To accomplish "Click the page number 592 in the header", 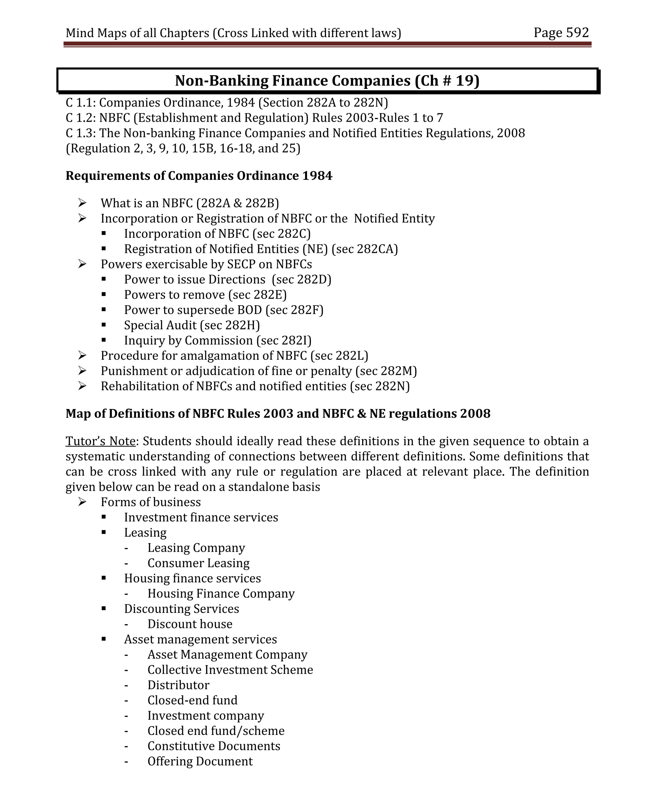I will [577, 33].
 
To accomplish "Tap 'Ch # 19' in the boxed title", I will [447, 81].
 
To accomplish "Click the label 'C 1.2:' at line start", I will [80, 118].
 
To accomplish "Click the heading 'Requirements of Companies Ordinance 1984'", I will [199, 176].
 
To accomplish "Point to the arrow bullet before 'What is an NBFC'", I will [82, 203].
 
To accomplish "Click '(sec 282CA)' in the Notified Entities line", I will [365, 249].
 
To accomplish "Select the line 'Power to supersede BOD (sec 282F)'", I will [224, 310].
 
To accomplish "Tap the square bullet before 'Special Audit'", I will [103, 325].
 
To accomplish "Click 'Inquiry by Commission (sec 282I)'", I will [218, 341].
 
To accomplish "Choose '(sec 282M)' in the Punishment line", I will [386, 371].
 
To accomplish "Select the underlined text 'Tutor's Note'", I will [100, 441].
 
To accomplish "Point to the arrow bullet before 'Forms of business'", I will [82, 502].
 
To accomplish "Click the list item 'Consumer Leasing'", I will [199, 563].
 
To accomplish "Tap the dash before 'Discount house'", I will [126, 624].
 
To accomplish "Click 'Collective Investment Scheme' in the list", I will [230, 670].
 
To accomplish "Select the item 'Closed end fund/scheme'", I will [216, 731].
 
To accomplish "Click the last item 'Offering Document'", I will [200, 761].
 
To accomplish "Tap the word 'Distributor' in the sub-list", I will [178, 685].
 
